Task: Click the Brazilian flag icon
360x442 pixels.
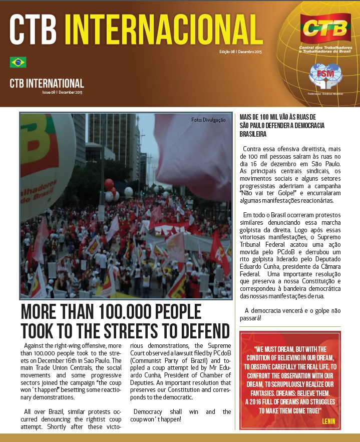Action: point(18,62)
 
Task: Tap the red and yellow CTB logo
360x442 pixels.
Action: point(325,29)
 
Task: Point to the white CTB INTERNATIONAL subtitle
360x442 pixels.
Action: point(47,83)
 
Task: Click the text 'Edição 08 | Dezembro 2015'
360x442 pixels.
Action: point(240,52)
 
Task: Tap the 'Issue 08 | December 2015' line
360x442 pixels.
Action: point(62,93)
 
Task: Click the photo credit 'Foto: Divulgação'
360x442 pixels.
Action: point(208,120)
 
